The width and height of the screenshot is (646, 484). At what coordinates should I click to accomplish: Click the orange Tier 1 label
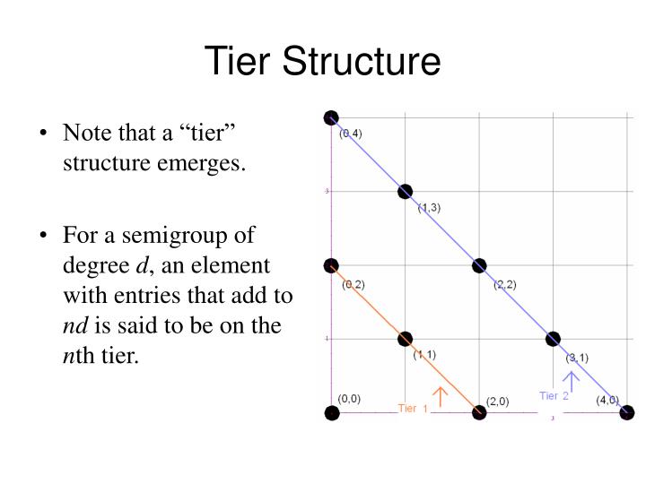413,409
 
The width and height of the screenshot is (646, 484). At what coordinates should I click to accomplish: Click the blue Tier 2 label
554,395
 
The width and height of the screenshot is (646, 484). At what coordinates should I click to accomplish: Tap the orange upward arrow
440,396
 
